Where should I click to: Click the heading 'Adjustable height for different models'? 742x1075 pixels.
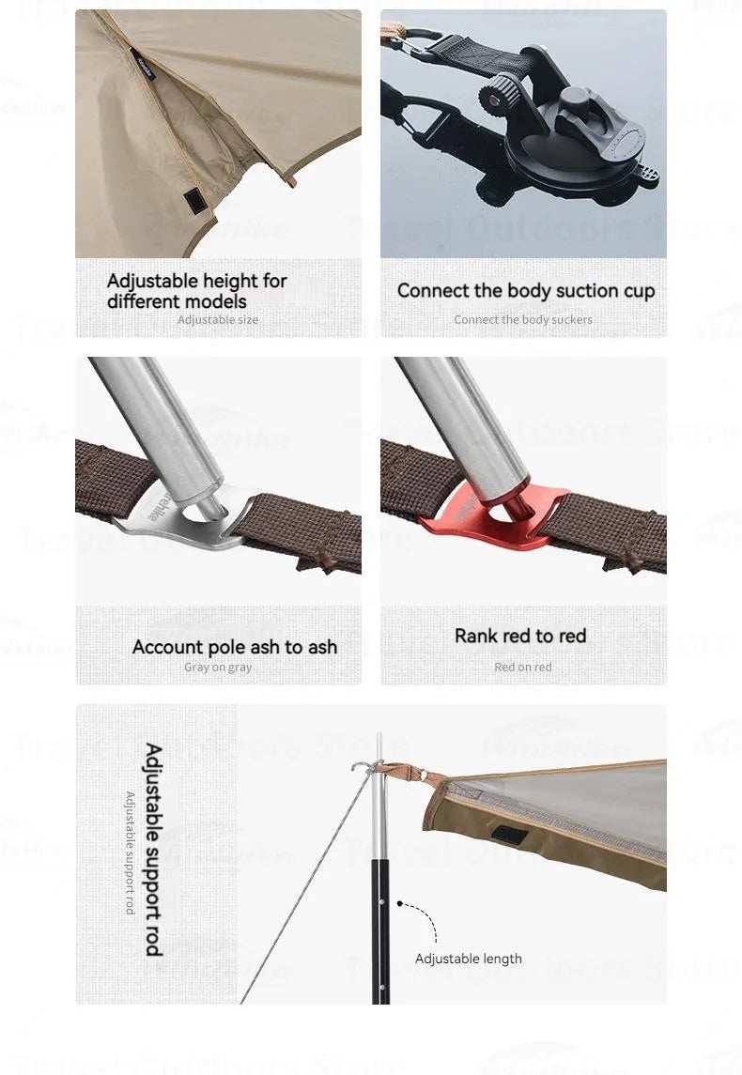[x=197, y=291]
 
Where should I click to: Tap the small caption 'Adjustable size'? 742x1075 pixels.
[x=218, y=320]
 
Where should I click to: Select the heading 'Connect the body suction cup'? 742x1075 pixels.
[x=525, y=291]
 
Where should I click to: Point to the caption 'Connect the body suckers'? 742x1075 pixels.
[x=523, y=320]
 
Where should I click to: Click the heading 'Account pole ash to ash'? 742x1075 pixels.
[x=235, y=647]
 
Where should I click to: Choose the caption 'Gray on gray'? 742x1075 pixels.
[x=218, y=668]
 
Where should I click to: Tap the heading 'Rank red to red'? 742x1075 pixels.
[x=520, y=636]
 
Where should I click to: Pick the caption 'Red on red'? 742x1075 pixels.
[x=523, y=668]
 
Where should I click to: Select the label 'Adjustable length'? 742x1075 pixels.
[x=469, y=959]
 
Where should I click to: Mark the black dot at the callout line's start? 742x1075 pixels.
[x=400, y=904]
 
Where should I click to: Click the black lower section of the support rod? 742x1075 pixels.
[x=380, y=929]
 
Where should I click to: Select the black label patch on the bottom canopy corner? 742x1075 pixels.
[x=512, y=834]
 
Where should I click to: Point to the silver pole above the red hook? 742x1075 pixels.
[x=460, y=413]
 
